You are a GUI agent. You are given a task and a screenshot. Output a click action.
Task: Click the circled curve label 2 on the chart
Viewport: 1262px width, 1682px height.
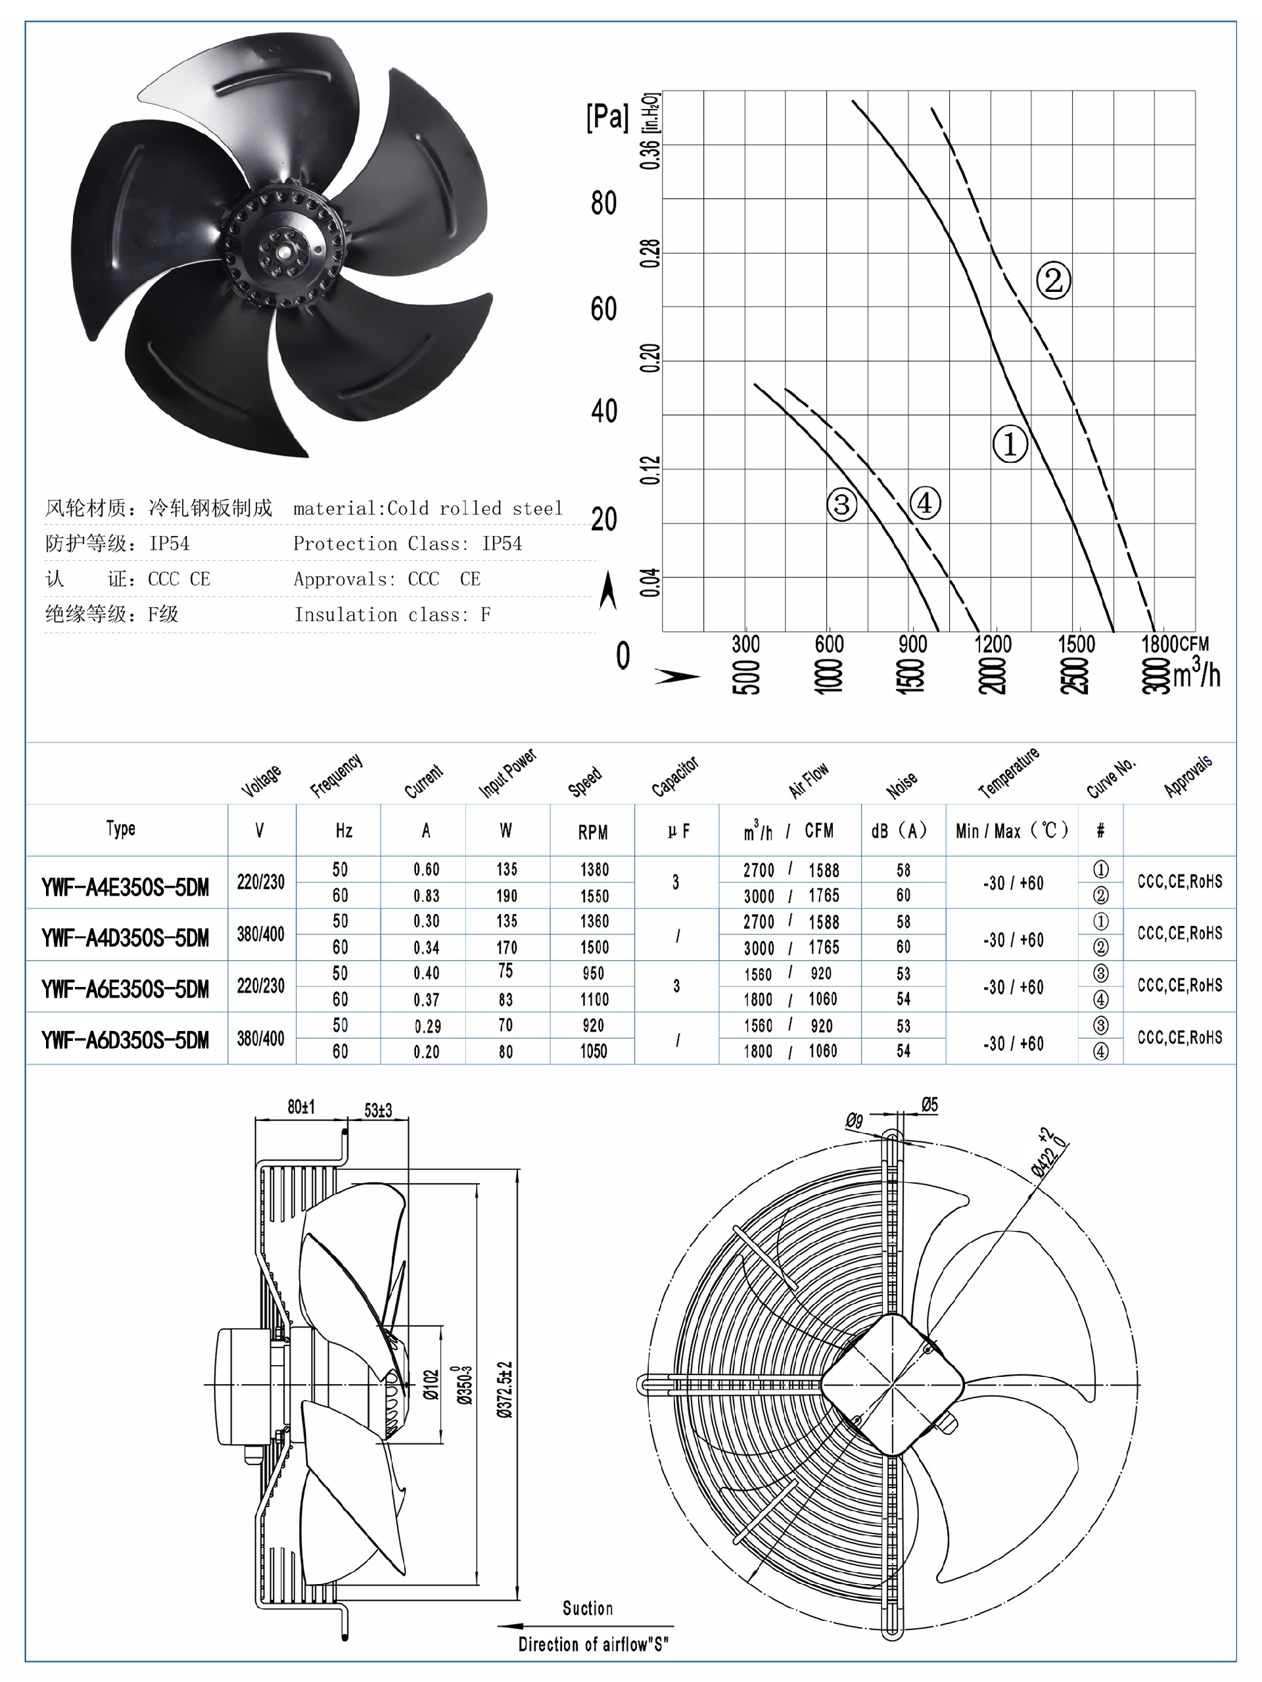[x=1053, y=281]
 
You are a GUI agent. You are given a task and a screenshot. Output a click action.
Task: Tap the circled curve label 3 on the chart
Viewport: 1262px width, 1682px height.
[x=841, y=505]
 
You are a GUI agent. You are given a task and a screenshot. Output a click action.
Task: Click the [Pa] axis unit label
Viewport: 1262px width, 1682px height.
[x=607, y=117]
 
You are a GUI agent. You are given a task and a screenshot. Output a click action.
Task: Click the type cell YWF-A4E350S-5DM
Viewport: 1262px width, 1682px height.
[x=126, y=886]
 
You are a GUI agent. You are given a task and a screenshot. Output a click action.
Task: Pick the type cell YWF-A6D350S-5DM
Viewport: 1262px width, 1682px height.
[x=126, y=1040]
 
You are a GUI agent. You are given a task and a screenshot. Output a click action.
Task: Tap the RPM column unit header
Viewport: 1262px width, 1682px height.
[x=592, y=832]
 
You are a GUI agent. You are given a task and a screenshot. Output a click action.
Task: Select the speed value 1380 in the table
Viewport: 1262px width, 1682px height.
[x=594, y=869]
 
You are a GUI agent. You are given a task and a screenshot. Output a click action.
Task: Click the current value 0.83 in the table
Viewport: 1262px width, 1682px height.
[x=426, y=896]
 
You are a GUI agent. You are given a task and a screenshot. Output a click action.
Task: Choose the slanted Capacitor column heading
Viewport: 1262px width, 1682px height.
[x=674, y=777]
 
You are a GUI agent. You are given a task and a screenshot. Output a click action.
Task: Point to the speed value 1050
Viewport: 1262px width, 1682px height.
[x=594, y=1051]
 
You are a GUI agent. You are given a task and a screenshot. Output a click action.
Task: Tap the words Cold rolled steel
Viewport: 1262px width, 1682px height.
[x=475, y=508]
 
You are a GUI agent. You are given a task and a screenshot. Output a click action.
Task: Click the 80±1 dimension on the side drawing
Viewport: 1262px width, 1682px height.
[x=301, y=1107]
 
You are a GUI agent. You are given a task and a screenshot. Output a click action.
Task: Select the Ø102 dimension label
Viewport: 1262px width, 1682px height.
[x=431, y=1385]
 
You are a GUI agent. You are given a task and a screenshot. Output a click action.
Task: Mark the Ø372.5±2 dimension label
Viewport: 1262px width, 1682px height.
[x=505, y=1389]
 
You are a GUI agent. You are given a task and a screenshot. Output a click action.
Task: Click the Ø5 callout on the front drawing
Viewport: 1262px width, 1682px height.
[x=929, y=1104]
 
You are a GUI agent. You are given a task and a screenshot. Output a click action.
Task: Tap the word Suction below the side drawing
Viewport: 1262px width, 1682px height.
[x=587, y=1608]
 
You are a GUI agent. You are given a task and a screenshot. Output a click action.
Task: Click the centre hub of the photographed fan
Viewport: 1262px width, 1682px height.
[x=281, y=249]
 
